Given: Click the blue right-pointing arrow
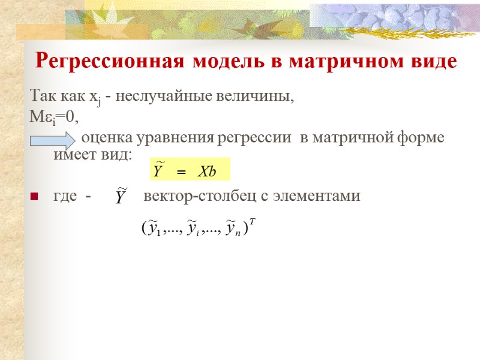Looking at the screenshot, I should (52, 141).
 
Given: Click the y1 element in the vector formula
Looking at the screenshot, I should (154, 227).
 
